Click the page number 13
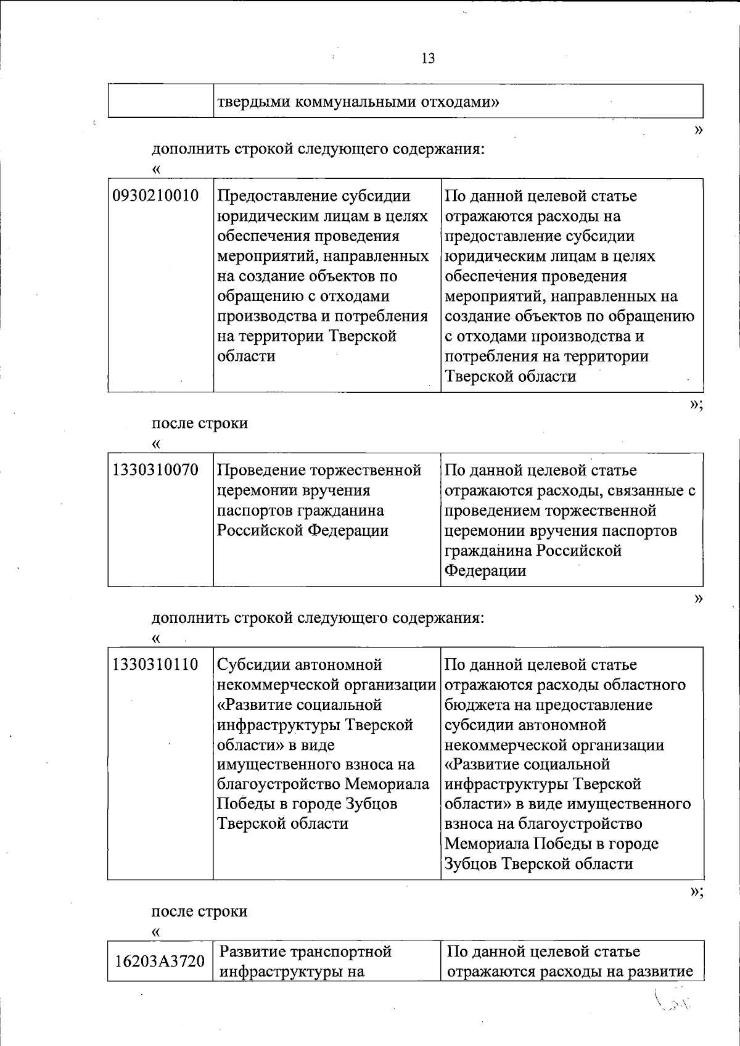click(x=428, y=59)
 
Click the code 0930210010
click(x=156, y=196)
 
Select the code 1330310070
click(x=156, y=471)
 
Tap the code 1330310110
click(x=156, y=665)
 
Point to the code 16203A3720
click(x=160, y=960)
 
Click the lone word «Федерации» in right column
click(x=485, y=571)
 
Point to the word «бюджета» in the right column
click(x=477, y=705)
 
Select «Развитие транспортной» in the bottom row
click(x=305, y=952)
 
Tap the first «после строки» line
click(x=200, y=423)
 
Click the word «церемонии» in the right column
click(x=486, y=531)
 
